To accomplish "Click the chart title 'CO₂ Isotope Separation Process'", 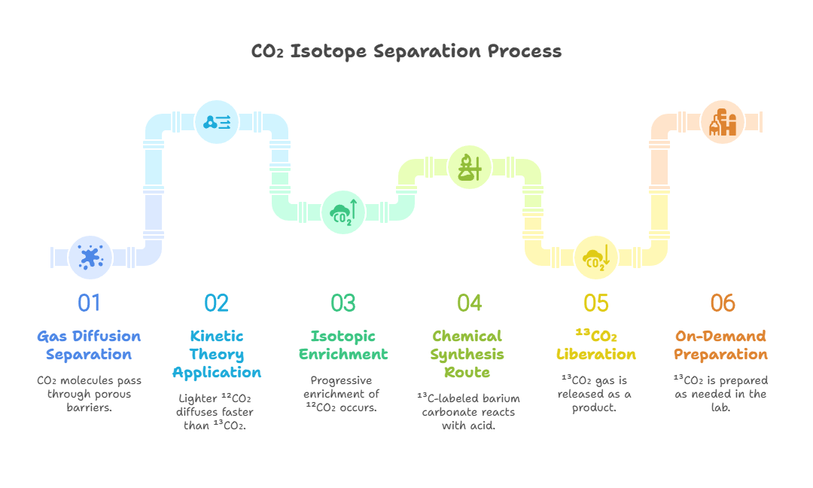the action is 406,51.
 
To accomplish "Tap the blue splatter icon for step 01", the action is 90,258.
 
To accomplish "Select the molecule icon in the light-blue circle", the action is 217,123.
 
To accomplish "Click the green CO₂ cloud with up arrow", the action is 343,212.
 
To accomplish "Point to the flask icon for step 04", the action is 470,167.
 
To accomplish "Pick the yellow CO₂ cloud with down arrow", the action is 596,258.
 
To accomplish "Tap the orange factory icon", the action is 723,123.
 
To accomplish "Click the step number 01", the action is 89,303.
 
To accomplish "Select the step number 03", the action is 343,303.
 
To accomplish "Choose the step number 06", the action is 723,303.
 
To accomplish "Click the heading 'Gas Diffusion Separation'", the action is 89,346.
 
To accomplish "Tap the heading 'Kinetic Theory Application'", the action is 217,354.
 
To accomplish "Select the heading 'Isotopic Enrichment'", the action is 343,346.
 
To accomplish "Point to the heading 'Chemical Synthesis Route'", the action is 467,354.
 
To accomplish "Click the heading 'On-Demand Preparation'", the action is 720,346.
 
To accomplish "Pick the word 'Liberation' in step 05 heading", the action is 596,354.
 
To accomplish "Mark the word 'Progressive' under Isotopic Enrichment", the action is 341,380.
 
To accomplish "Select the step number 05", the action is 596,303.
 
